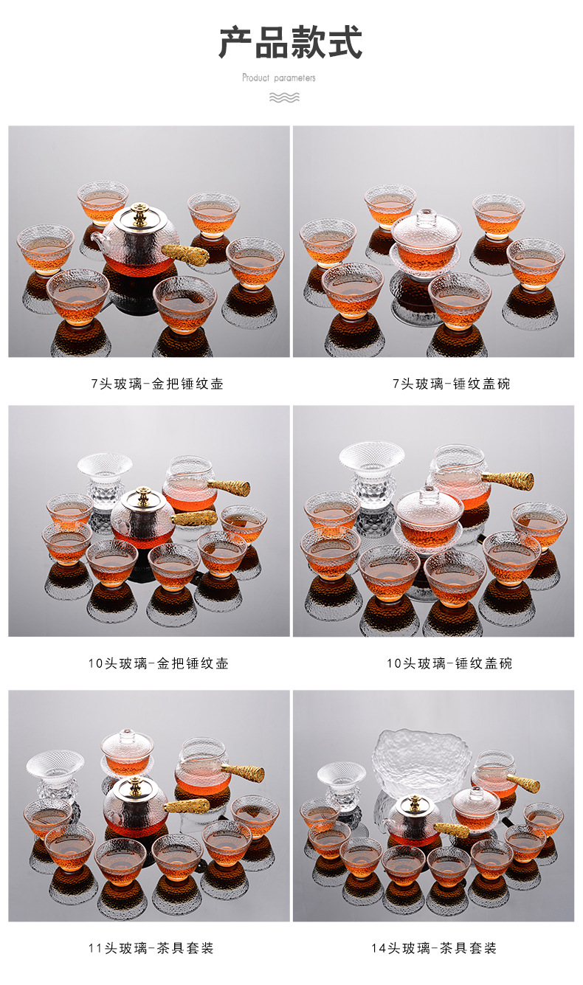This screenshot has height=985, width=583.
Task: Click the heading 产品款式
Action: click(290, 42)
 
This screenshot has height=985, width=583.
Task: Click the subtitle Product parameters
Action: click(279, 77)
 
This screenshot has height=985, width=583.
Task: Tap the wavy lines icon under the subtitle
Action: click(284, 97)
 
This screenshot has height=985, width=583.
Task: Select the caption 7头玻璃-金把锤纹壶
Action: click(156, 384)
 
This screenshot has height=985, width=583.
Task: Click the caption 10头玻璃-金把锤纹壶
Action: click(158, 663)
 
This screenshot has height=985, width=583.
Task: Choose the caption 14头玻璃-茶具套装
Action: click(434, 948)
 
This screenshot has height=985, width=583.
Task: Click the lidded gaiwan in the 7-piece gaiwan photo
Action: click(426, 236)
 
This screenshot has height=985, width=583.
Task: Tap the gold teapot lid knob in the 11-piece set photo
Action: click(134, 784)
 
